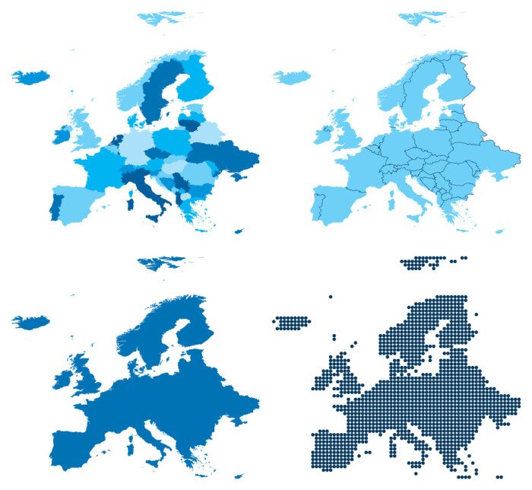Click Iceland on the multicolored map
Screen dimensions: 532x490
pyautogui.click(x=30, y=76)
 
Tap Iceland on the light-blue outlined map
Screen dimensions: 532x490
pyautogui.click(x=292, y=76)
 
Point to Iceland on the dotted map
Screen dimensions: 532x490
pyautogui.click(x=292, y=322)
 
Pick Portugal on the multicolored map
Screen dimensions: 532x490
pyautogui.click(x=55, y=207)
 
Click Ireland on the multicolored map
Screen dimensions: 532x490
pyautogui.click(x=61, y=136)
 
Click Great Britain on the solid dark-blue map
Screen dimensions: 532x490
pyautogui.click(x=85, y=373)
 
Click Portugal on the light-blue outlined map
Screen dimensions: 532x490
pyautogui.click(x=317, y=207)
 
